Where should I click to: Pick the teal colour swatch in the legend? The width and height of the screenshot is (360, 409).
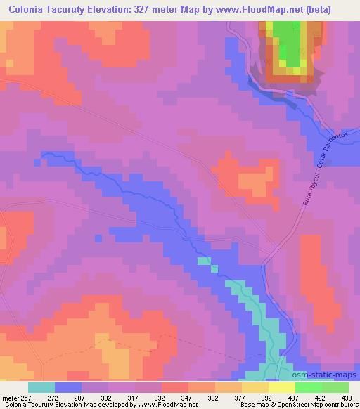click(x=41, y=387)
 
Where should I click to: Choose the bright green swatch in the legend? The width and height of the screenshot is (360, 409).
click(x=308, y=387)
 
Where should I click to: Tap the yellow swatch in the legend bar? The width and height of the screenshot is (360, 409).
click(x=281, y=387)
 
